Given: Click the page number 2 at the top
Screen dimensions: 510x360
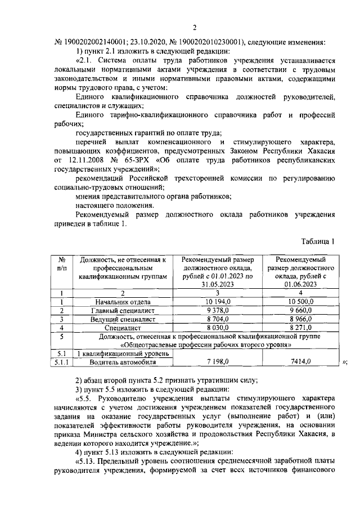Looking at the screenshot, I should [195, 29].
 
